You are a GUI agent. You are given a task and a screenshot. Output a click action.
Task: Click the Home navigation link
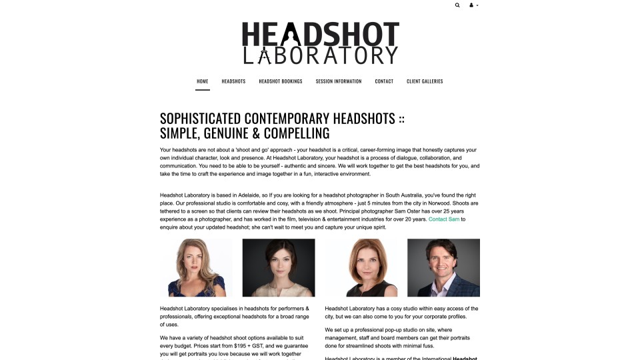[203, 81]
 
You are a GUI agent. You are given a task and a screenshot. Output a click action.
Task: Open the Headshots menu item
[233, 81]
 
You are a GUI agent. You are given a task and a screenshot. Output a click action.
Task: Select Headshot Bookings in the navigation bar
[281, 81]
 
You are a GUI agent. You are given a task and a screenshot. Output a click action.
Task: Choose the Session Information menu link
[339, 81]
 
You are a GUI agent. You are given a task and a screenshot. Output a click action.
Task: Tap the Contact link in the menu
[384, 81]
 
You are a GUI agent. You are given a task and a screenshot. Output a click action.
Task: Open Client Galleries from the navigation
[425, 81]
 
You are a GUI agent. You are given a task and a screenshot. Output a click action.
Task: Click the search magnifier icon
[457, 5]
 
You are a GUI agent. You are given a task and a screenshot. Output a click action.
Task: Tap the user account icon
[472, 5]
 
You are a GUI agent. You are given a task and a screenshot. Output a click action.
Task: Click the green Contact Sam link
[444, 219]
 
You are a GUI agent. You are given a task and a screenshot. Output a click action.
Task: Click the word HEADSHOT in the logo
[320, 34]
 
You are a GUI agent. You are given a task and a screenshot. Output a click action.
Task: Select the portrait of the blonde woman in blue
[196, 267]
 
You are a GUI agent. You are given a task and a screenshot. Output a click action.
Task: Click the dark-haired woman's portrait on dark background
[279, 267]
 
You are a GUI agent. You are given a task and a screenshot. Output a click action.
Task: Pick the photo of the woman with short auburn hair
[361, 267]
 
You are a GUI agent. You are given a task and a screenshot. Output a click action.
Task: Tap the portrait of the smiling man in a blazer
[443, 267]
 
